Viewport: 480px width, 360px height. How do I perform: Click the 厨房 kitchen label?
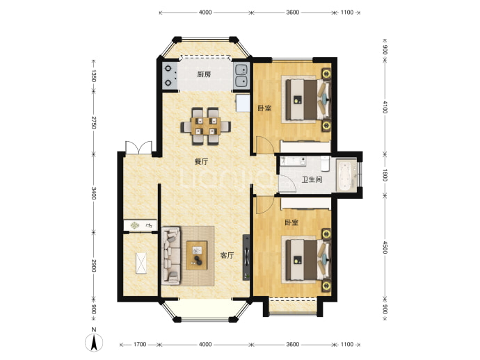[x=204, y=74]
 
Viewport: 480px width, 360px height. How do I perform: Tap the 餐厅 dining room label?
[x=202, y=161]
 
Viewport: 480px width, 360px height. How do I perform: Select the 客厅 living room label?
[x=227, y=255]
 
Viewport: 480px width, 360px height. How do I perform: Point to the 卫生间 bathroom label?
[x=312, y=179]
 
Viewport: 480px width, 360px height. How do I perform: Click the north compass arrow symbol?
[x=95, y=343]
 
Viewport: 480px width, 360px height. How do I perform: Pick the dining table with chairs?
[x=205, y=126]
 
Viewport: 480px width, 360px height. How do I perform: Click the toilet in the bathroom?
[x=325, y=163]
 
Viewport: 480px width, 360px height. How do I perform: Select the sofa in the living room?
[x=171, y=256]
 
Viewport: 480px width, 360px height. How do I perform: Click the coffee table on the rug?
[x=197, y=255]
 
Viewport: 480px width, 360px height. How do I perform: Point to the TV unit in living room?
[x=247, y=257]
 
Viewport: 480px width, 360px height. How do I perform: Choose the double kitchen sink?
[x=242, y=76]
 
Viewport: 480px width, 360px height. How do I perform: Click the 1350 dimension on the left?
[x=93, y=76]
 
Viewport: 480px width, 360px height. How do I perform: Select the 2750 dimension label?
[x=93, y=122]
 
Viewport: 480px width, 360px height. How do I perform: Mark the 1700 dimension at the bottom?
[x=140, y=345]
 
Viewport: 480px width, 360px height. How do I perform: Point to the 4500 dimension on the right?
[x=385, y=247]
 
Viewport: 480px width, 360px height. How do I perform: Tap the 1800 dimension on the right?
[x=385, y=174]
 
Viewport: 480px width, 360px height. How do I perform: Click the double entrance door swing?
[x=138, y=147]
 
